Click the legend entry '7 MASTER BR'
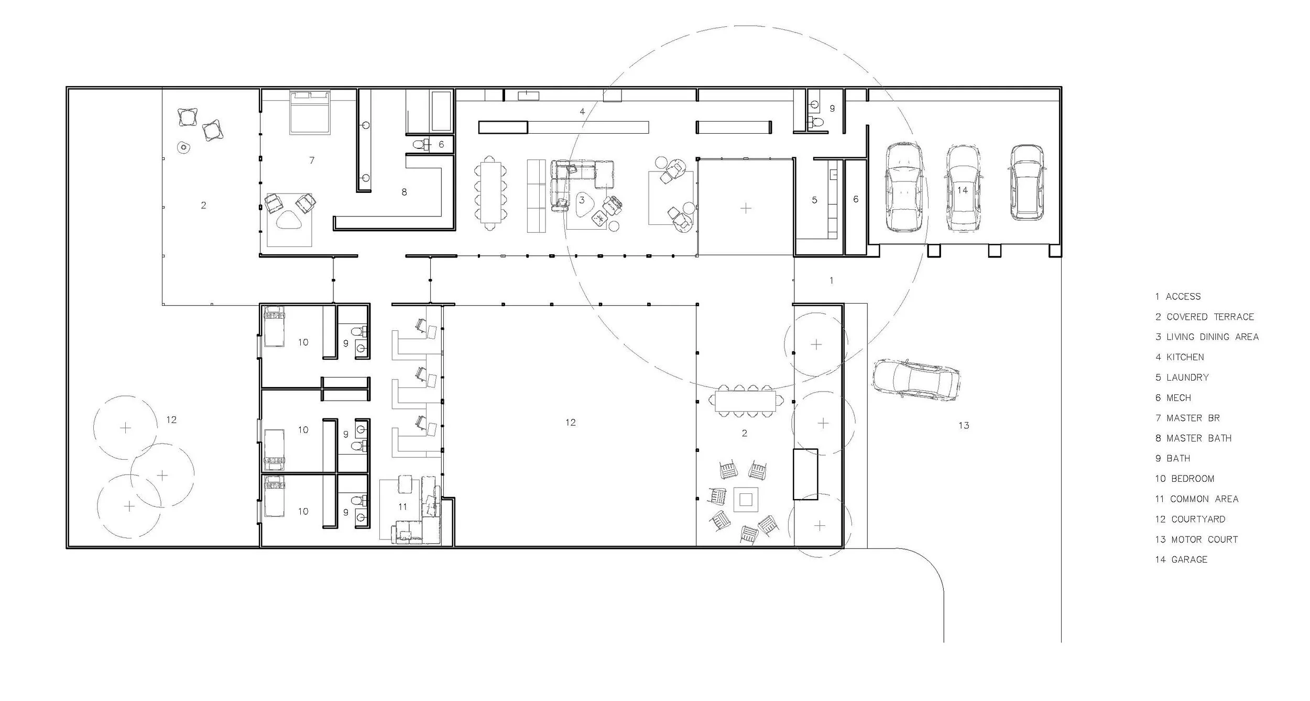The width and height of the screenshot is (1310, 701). click(x=1187, y=418)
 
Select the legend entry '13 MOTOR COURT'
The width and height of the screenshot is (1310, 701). click(x=1196, y=540)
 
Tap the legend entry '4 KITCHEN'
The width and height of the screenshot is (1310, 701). click(x=1180, y=357)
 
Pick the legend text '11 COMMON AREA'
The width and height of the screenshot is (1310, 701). click(x=1196, y=499)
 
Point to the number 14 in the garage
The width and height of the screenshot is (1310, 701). click(x=963, y=190)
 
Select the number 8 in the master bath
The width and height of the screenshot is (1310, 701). click(x=404, y=192)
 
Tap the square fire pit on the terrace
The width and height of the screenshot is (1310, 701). click(x=746, y=500)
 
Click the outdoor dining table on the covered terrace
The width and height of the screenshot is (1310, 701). click(x=746, y=401)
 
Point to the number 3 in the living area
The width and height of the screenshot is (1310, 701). click(x=582, y=200)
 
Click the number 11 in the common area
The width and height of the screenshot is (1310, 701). click(x=402, y=506)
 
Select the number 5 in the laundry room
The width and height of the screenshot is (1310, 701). click(x=814, y=200)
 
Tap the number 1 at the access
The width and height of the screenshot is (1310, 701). click(x=832, y=281)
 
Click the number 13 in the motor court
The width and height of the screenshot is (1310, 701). click(x=964, y=425)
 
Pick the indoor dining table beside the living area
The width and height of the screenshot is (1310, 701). click(x=491, y=193)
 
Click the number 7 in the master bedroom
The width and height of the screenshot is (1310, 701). click(x=312, y=160)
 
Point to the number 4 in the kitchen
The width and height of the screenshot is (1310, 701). click(x=582, y=111)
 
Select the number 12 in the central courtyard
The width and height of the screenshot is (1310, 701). click(x=571, y=422)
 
